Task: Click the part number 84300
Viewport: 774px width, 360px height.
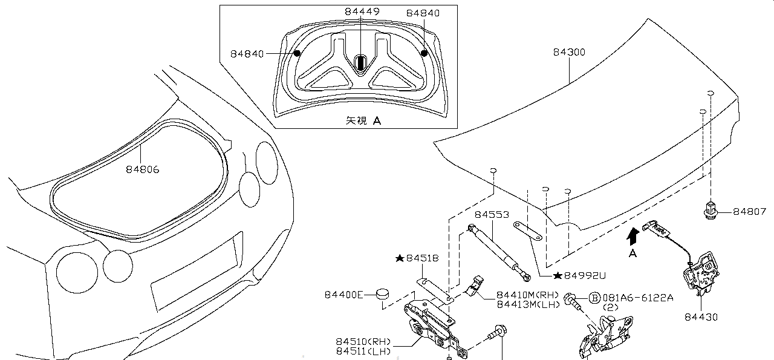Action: point(568,53)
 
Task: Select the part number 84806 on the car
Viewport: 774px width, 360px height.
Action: point(143,169)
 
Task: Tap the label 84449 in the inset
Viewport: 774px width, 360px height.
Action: point(362,12)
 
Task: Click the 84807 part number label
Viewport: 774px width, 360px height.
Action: point(749,212)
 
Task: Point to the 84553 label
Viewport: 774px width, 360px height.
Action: point(491,215)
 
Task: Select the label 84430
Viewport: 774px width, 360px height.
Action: point(701,316)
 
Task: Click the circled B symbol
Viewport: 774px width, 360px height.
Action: point(594,298)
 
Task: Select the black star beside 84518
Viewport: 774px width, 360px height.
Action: point(399,258)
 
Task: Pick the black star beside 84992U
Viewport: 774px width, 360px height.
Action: point(557,275)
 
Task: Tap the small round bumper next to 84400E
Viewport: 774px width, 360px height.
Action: point(382,294)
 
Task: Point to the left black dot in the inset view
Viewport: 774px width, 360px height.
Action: point(297,53)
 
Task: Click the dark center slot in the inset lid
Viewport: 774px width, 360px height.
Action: point(360,62)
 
